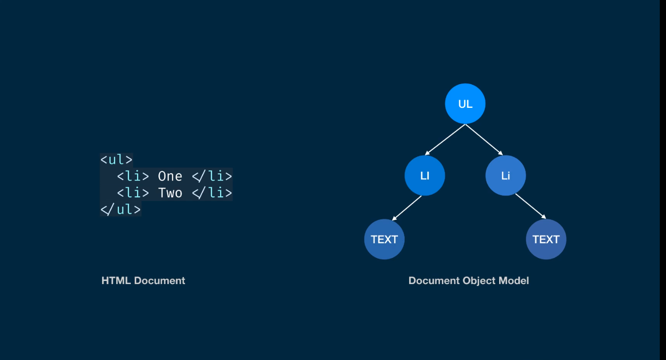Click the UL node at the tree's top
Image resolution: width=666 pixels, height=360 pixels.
[465, 103]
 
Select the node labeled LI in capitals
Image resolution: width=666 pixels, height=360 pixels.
[425, 175]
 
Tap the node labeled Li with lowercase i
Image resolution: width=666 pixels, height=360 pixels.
[505, 175]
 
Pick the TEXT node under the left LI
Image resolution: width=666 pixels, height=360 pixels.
[384, 239]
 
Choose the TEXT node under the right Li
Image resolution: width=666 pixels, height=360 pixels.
[546, 239]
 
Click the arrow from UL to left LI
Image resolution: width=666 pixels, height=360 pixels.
[445, 139]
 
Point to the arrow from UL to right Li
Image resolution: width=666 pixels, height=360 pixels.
[484, 139]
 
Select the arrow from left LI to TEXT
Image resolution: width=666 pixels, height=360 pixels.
[407, 208]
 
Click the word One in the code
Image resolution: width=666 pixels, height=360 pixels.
[170, 176]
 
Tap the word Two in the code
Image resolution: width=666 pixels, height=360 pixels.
[170, 193]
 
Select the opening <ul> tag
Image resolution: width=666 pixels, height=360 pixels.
[116, 160]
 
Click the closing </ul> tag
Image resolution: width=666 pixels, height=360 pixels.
[120, 210]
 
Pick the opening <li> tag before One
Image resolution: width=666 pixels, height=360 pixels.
[133, 176]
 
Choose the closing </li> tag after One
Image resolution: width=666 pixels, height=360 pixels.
[212, 176]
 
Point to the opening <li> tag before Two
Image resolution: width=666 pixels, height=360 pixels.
[133, 193]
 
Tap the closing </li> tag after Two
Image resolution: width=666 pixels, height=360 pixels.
[212, 193]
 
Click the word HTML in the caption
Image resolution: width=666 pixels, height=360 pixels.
[116, 281]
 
